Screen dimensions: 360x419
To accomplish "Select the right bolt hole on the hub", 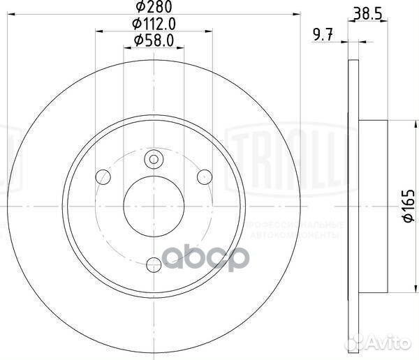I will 205,175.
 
